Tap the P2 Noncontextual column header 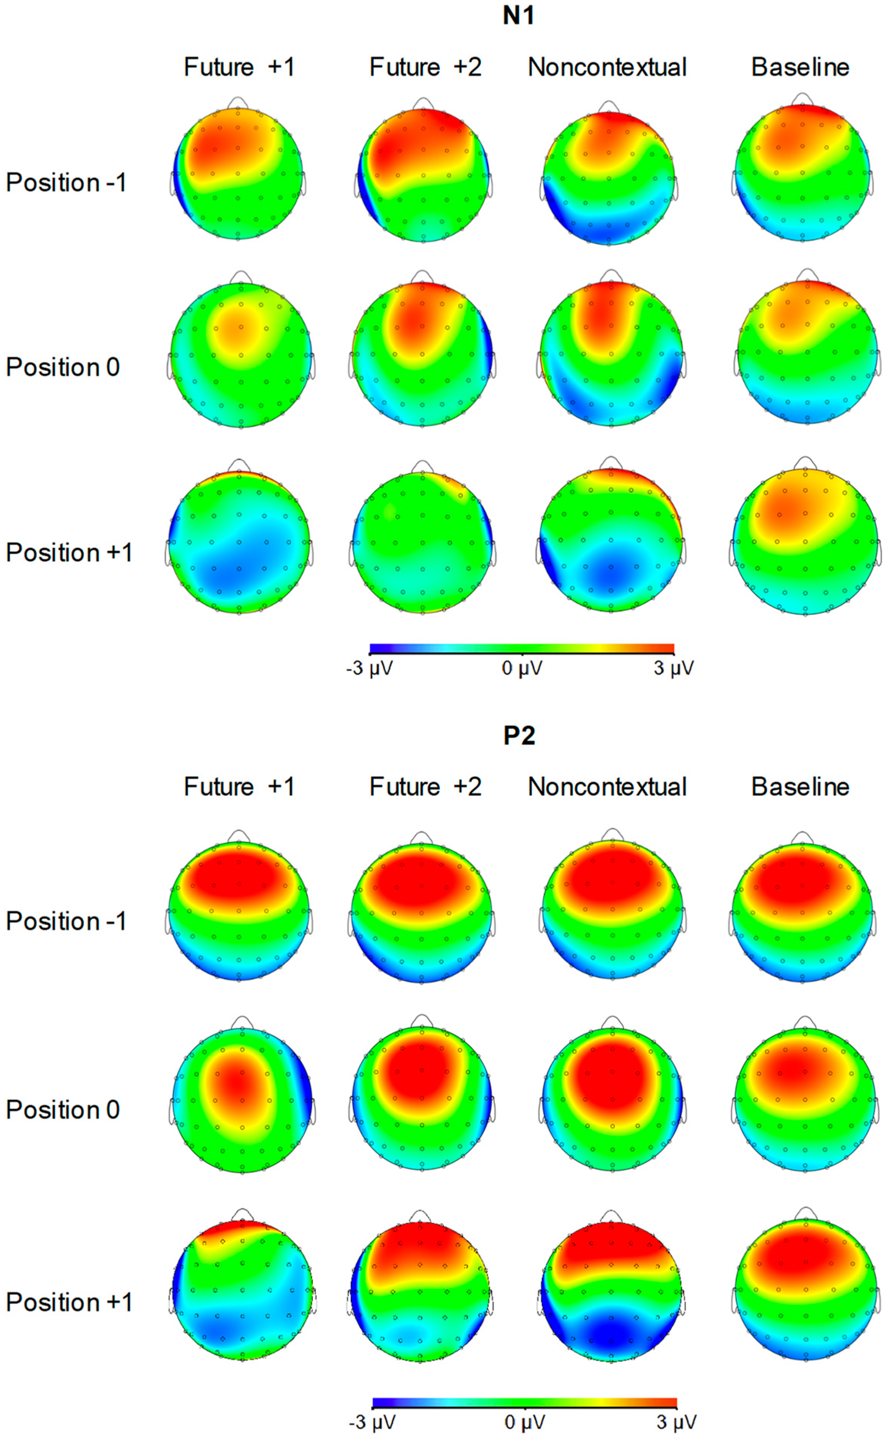[x=607, y=787]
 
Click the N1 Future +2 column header [x=426, y=67]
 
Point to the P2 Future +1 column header [x=239, y=787]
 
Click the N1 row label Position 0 [x=63, y=367]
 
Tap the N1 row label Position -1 [x=66, y=183]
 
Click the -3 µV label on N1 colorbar [x=370, y=668]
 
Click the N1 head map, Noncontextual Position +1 [x=611, y=540]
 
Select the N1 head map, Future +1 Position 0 [x=241, y=355]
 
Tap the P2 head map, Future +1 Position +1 [x=242, y=1291]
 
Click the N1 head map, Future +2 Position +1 [x=422, y=542]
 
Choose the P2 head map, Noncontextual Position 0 [x=612, y=1099]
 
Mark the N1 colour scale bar [x=521, y=648]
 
